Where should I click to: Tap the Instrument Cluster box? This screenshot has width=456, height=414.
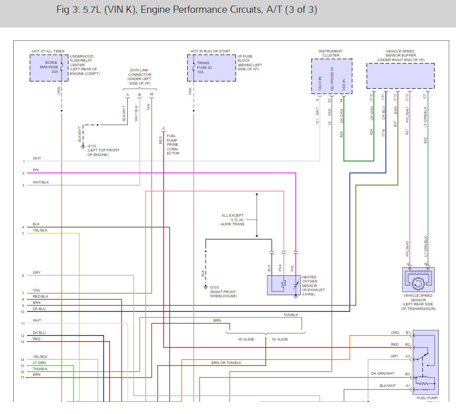click(x=331, y=76)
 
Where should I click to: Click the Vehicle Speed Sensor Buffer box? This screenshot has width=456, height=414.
click(x=400, y=76)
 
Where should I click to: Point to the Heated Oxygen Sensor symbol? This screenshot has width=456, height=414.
click(x=283, y=285)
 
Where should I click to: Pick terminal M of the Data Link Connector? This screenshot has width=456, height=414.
click(x=151, y=95)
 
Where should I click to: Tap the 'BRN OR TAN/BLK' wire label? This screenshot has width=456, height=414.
click(x=226, y=363)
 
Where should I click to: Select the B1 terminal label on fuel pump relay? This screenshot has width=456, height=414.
click(x=408, y=333)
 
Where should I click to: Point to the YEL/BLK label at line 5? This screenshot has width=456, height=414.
click(x=40, y=230)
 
